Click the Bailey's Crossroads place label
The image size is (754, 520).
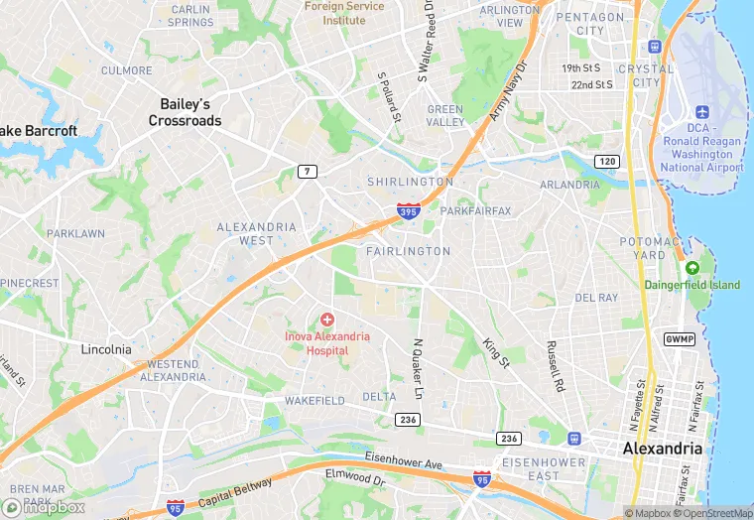click(185, 111)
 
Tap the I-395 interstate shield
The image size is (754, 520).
click(408, 209)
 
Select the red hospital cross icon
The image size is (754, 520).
click(326, 320)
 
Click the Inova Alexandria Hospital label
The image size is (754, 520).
click(326, 343)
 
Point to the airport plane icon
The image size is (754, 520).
click(703, 110)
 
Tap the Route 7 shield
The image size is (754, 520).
click(309, 172)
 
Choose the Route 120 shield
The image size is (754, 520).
click(606, 161)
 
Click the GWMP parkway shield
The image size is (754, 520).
click(680, 338)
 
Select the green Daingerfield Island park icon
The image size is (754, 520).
click(692, 268)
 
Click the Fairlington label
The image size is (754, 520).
click(408, 251)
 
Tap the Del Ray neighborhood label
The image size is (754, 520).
click(596, 297)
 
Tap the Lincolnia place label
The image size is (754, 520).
click(105, 349)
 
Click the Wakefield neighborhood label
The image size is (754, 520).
click(314, 401)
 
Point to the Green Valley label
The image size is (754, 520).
click(445, 115)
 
